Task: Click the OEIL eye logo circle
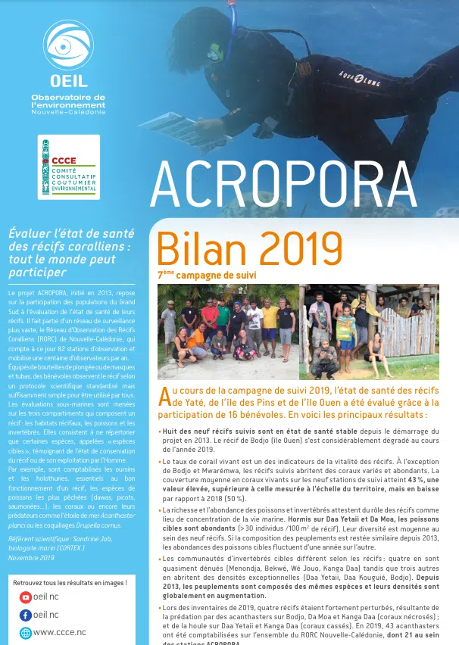tap(68, 45)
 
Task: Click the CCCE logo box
tap(69, 167)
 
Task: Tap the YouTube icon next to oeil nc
tap(26, 597)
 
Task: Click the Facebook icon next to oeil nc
tap(26, 615)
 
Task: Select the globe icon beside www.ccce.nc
tap(26, 632)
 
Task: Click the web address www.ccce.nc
tap(60, 632)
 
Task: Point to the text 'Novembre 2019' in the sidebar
tap(30, 536)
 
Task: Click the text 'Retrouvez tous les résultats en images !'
tap(70, 582)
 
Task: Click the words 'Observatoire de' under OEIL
tap(68, 97)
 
